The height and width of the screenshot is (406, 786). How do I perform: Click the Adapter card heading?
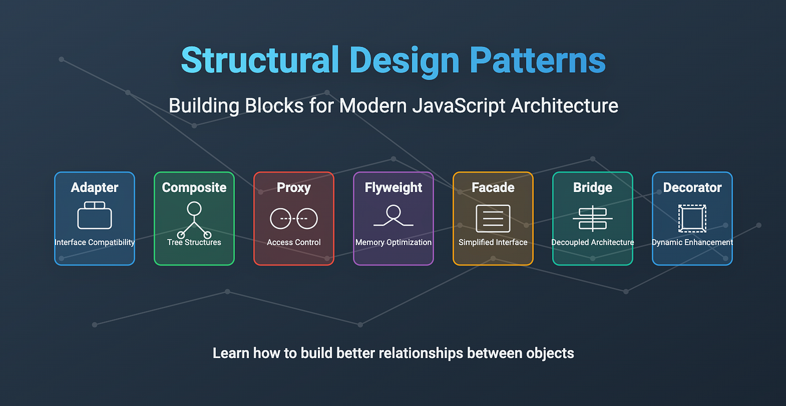click(94, 187)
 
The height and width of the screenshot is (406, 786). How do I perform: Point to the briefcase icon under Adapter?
click(94, 216)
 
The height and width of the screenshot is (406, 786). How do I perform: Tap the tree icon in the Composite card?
click(194, 219)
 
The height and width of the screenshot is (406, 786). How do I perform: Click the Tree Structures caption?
click(194, 242)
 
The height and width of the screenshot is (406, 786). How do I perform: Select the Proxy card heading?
click(293, 187)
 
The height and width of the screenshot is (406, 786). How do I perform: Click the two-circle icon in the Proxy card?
click(293, 218)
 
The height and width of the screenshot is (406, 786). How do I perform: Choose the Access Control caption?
click(293, 242)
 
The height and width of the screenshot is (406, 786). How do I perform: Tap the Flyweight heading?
click(393, 187)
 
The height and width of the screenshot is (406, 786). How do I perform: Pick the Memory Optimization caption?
click(393, 242)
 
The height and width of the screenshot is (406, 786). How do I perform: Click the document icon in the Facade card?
click(493, 218)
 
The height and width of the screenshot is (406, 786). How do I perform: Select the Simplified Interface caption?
click(493, 242)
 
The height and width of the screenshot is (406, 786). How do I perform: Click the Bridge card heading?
click(592, 187)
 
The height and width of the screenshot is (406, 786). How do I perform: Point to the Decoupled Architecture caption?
click(592, 242)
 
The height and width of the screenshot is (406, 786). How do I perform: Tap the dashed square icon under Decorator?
click(692, 218)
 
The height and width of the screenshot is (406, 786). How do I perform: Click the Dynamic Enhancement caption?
click(692, 242)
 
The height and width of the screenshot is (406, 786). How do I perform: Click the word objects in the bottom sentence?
click(550, 353)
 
